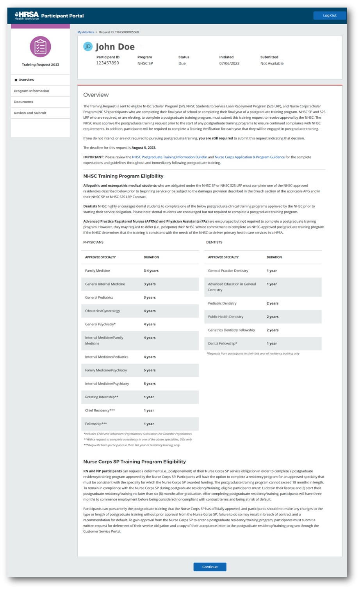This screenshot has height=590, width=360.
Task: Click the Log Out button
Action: click(329, 16)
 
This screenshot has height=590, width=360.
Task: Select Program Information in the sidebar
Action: click(32, 91)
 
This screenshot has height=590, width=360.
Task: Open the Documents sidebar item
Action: click(23, 102)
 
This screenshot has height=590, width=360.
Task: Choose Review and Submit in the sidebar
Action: click(30, 113)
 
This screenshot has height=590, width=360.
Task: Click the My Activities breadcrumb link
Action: click(86, 32)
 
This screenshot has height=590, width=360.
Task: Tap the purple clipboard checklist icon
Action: click(40, 47)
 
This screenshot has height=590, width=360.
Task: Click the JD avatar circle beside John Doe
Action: click(88, 46)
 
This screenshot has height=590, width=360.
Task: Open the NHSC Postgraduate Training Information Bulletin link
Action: click(169, 157)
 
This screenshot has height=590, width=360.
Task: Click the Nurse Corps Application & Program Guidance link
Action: click(250, 157)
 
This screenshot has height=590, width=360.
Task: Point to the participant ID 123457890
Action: click(107, 63)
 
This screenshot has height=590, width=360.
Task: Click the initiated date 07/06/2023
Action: click(229, 63)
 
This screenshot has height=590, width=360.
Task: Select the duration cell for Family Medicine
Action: click(151, 271)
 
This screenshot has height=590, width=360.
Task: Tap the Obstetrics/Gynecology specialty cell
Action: click(103, 311)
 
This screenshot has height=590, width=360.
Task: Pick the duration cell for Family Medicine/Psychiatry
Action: click(150, 370)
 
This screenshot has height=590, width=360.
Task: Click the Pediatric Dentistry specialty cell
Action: click(222, 303)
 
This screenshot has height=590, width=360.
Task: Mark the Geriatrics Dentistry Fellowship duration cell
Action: click(273, 330)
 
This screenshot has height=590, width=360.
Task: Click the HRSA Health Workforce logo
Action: click(27, 16)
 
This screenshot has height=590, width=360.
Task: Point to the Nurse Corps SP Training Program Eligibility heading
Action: click(134, 462)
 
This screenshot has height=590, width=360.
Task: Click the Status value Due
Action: click(182, 63)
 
